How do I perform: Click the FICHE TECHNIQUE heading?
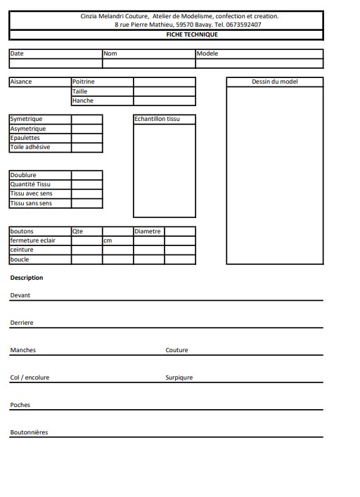coord(167,34)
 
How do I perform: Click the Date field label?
coord(16,53)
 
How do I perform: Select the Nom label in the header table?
coord(110,53)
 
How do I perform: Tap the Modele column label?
coord(207,53)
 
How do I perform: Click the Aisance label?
coord(21,82)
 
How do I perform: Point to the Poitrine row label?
coord(84,82)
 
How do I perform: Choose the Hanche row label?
coord(83,101)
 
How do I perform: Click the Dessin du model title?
coord(274,82)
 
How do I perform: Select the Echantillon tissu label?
coord(157,119)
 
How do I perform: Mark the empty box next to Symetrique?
coord(86,119)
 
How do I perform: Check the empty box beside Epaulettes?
coord(86,138)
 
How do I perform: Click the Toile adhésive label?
coord(30,147)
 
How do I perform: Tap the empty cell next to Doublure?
coord(86,175)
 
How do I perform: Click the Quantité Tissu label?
coord(30,184)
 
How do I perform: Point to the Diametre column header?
coord(148,231)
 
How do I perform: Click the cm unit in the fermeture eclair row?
coord(108,240)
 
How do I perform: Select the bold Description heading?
coord(27,278)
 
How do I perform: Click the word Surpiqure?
coord(179,377)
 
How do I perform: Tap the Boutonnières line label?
coord(29,432)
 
